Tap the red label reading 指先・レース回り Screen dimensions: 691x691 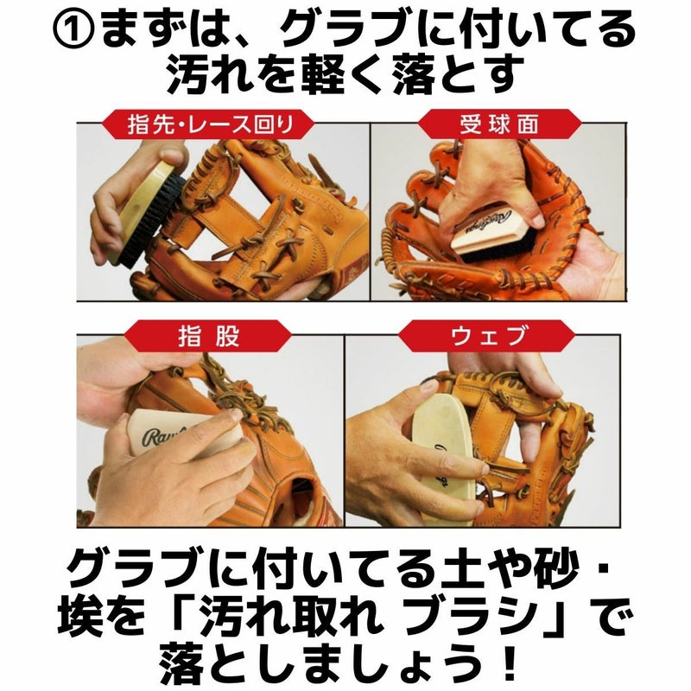click(208, 124)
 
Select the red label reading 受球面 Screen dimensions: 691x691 click(499, 124)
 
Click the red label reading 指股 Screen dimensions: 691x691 click(207, 336)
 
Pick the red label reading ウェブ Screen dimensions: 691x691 click(487, 336)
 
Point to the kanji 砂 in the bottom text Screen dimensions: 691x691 click(556, 569)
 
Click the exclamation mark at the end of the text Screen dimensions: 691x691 click(510, 661)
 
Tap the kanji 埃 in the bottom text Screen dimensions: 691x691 click(80, 615)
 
